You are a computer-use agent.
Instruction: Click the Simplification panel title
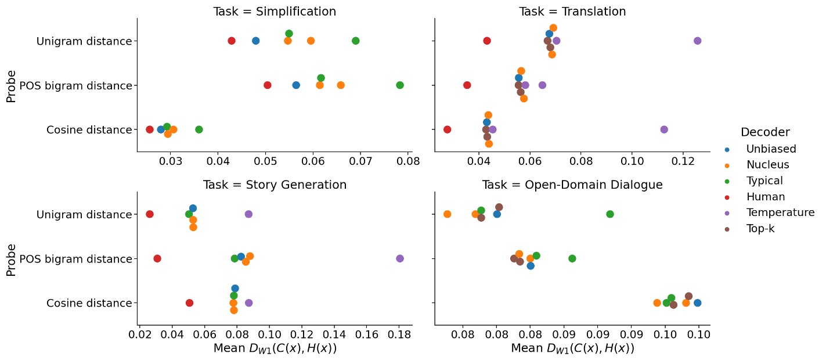point(275,12)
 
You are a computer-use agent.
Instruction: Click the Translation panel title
point(572,12)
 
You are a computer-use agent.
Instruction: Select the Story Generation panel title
point(275,185)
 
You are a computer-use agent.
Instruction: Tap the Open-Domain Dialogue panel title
point(572,185)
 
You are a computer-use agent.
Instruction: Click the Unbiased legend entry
point(771,149)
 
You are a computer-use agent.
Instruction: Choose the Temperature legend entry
point(780,213)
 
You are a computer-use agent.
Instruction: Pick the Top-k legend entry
point(760,229)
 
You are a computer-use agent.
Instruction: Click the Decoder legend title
point(764,132)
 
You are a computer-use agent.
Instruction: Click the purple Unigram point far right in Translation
point(697,41)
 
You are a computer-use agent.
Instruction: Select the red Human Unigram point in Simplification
point(232,41)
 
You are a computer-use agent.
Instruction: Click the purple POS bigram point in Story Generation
point(400,258)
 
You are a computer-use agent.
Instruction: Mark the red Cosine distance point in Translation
point(447,129)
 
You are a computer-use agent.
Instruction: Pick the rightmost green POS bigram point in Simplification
point(400,85)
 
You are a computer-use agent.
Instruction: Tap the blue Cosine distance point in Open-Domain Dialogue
point(697,303)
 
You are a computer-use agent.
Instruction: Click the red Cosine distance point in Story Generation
point(189,303)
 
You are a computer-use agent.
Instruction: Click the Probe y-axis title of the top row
point(11,85)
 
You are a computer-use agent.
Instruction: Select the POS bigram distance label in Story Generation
point(75,258)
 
